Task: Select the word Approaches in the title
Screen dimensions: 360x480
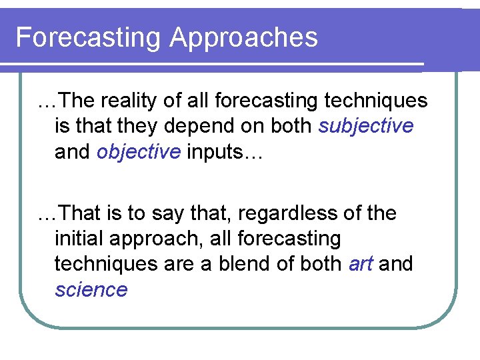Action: pos(243,38)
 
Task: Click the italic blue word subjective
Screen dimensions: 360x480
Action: pos(366,126)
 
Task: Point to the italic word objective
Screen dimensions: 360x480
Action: pos(139,152)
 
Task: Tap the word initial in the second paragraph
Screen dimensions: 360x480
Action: pos(79,239)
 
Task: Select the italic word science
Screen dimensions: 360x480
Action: pos(91,290)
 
